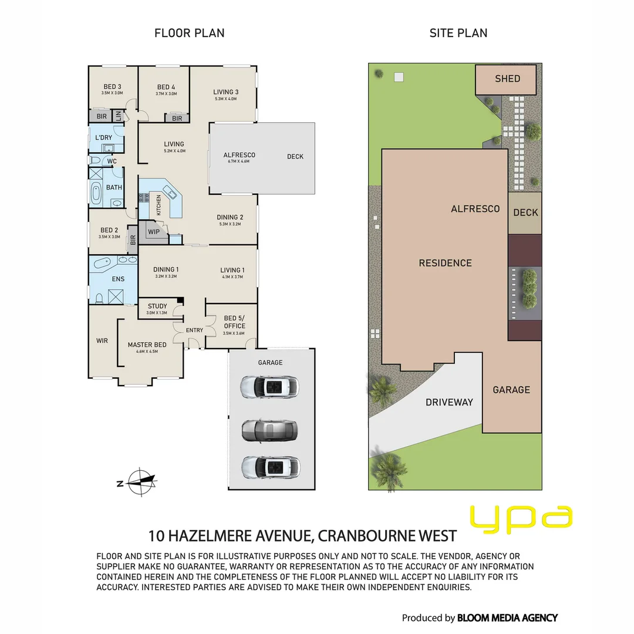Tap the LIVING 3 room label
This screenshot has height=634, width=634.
[225, 92]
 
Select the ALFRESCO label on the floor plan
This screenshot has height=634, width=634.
[239, 155]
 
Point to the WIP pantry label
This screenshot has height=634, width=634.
[154, 232]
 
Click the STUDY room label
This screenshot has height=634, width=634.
[157, 306]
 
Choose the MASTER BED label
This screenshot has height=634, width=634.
[147, 345]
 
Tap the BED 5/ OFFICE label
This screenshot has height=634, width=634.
[234, 322]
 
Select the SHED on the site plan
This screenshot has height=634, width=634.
[507, 79]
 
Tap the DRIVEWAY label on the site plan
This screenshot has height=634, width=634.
[449, 402]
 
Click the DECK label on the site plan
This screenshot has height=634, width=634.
[525, 213]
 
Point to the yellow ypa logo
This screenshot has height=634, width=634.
[521, 518]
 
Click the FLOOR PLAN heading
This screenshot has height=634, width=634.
[189, 33]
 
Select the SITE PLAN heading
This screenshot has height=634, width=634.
[458, 33]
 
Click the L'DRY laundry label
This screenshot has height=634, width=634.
[104, 138]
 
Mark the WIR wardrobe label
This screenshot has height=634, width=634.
[102, 340]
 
